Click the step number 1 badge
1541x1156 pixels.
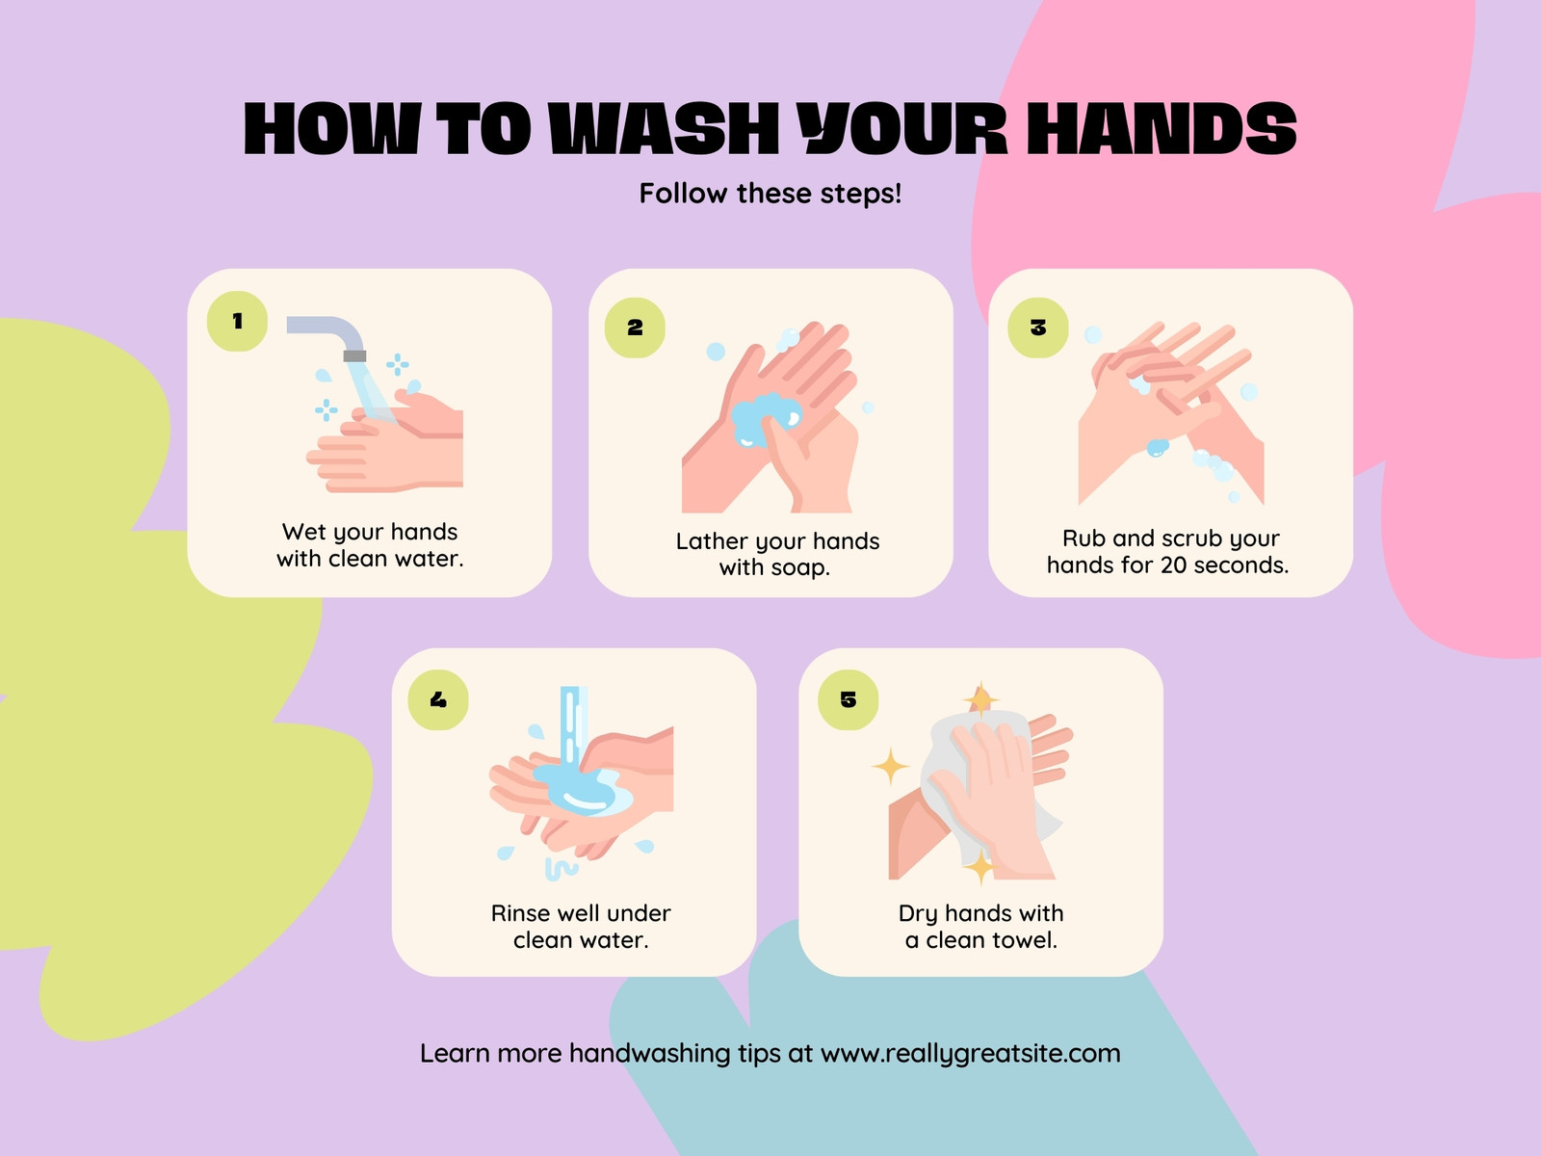click(237, 322)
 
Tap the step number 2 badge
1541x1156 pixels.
click(635, 328)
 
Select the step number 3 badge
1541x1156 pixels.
click(1037, 328)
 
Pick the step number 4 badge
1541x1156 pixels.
click(438, 699)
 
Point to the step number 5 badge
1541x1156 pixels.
click(849, 699)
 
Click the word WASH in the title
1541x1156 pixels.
click(665, 128)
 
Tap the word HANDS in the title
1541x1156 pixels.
click(1162, 128)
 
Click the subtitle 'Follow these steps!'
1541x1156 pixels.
click(770, 193)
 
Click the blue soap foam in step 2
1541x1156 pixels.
click(766, 418)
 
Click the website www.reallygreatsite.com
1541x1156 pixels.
click(970, 1054)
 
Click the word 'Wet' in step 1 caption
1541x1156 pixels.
click(304, 532)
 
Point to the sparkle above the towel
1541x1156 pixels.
click(980, 699)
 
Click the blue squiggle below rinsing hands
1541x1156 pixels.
click(562, 869)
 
